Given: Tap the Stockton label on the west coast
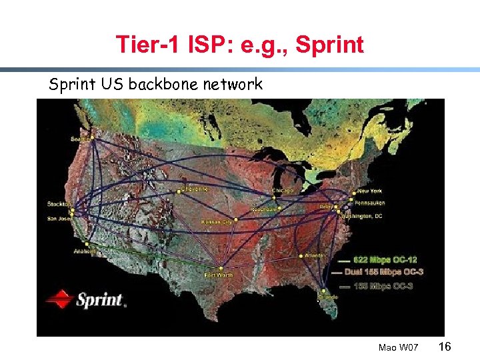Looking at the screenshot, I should pos(59,203).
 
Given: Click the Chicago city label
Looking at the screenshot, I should pos(283,191).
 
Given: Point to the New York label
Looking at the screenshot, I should pos(370,191).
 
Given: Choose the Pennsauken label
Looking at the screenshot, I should pos(369,203).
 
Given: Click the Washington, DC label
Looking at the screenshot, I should pos(362,216).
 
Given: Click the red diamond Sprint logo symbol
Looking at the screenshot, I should pos(59,298).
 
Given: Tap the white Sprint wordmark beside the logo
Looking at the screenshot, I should pos(100,299).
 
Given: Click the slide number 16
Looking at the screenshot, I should pos(446,346).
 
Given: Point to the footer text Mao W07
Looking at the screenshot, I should pos(398,347).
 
